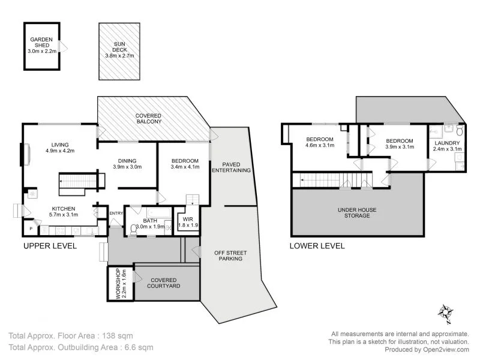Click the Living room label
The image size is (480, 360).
60,145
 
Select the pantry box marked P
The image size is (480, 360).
30,228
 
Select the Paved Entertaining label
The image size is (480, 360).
231,167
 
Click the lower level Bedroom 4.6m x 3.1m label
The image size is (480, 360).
319,141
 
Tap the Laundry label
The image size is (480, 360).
448,143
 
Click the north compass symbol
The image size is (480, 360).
445,311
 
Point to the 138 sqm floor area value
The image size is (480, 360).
118,335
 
